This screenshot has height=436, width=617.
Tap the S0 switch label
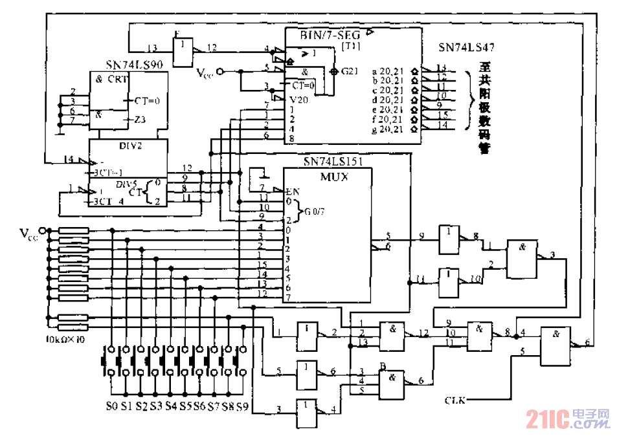point(112,407)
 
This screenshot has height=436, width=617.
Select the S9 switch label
point(241,407)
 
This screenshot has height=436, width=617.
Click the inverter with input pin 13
point(184,48)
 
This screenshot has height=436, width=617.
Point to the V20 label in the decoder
point(299,100)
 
